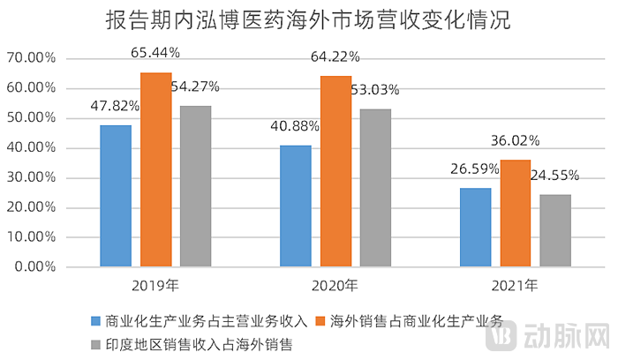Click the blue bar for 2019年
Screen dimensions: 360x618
click(x=116, y=195)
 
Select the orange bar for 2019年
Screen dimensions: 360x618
click(x=156, y=169)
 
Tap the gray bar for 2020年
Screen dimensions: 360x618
click(x=375, y=187)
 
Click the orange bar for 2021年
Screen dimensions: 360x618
click(x=516, y=213)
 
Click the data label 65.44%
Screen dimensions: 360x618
click(x=155, y=53)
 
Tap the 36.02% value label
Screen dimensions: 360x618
click(x=515, y=140)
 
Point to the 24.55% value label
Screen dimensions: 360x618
click(x=557, y=176)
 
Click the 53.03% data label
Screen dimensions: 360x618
click(x=374, y=89)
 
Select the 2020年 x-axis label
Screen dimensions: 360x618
click(x=335, y=286)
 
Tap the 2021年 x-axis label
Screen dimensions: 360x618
click(x=515, y=286)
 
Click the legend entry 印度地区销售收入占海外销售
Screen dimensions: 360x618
click(x=199, y=343)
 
